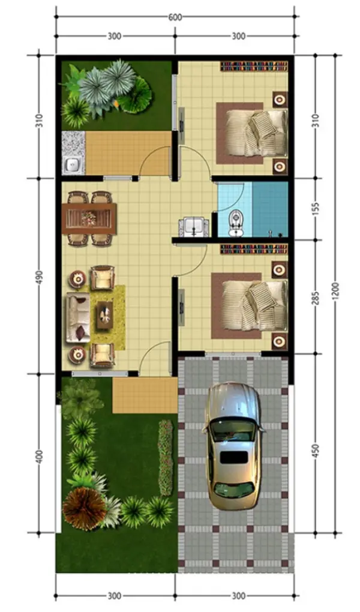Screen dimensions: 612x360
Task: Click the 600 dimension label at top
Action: coord(175,17)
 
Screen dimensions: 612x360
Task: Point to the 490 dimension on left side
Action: coord(40,275)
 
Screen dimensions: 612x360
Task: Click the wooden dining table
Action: coord(89,218)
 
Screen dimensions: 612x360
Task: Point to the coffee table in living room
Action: coord(104,313)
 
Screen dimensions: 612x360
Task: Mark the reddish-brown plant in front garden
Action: coord(84,508)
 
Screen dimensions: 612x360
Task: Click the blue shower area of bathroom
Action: coord(270,208)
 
